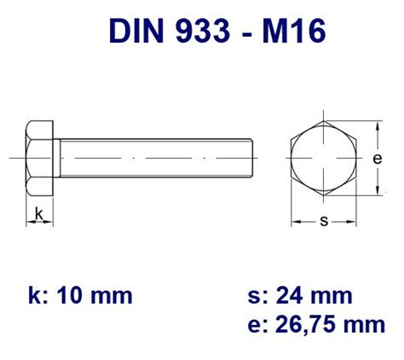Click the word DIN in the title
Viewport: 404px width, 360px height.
point(136,32)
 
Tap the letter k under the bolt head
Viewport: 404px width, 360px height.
point(39,214)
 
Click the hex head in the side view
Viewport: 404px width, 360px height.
point(39,160)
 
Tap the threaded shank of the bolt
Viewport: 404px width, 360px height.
point(153,160)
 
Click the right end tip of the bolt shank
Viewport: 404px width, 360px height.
point(253,160)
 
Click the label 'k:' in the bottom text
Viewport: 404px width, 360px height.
point(36,295)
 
